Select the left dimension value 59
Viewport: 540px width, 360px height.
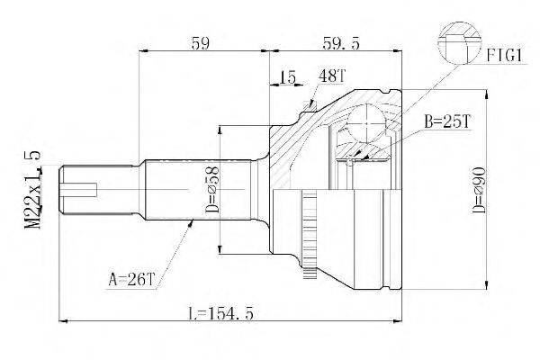202,41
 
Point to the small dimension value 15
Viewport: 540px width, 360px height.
288,78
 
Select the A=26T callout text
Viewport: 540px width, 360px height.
131,280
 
